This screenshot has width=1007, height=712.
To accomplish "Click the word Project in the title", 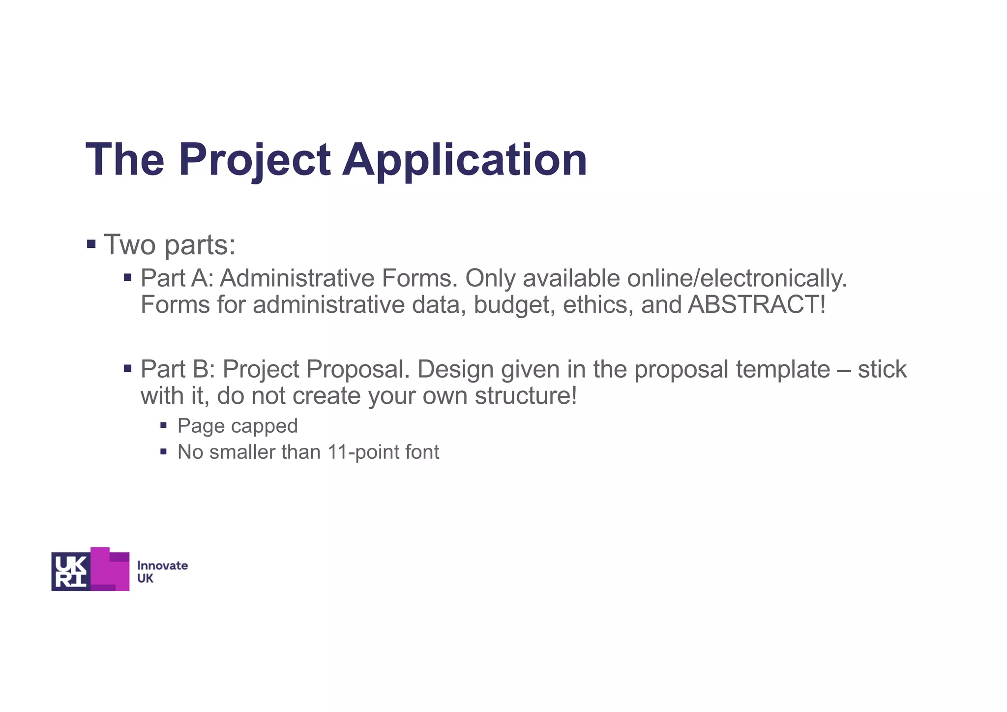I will [x=254, y=159].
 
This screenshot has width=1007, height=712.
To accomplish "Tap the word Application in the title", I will [x=465, y=159].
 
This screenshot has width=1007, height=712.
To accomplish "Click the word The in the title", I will [x=125, y=159].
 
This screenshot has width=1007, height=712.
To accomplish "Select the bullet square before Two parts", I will [x=91, y=244].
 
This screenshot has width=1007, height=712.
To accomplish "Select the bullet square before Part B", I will [x=128, y=368].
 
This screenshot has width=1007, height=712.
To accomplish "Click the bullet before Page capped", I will [x=164, y=425].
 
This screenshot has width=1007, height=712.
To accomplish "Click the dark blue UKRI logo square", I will [x=71, y=571].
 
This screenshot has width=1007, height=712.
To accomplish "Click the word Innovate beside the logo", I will [x=162, y=565].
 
